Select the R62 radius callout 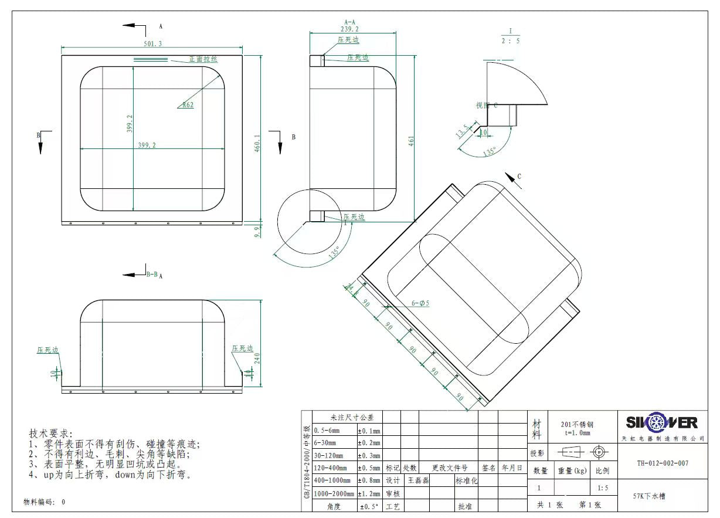click(188, 105)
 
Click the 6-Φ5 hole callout click(420, 303)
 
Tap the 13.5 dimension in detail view click(462, 131)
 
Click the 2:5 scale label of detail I click(510, 40)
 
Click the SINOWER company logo click(661, 422)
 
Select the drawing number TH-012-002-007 click(663, 463)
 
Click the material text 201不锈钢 click(578, 425)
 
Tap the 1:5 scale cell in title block click(603, 488)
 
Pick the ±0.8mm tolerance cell click(369, 480)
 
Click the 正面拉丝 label click(203, 59)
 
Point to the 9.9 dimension click(257, 231)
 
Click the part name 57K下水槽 click(649, 496)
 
